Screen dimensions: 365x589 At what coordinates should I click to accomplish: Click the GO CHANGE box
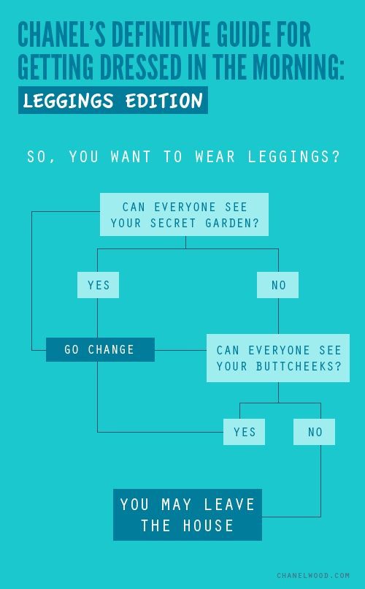click(100, 349)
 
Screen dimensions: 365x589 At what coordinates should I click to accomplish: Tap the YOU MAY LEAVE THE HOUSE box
click(188, 514)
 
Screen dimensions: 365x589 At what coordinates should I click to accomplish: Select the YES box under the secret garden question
click(99, 285)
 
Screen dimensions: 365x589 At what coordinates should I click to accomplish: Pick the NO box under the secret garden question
click(277, 285)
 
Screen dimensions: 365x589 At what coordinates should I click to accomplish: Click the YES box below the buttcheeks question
click(245, 432)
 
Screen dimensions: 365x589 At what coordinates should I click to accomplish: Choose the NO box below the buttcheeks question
click(315, 432)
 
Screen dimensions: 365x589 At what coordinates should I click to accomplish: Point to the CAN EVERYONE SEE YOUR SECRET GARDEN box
click(184, 215)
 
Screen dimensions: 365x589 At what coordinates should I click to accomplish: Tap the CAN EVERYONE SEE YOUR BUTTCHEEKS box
click(278, 358)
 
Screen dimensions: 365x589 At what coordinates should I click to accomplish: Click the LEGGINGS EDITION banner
click(113, 100)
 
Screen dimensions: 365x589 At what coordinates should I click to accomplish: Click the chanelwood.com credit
click(313, 575)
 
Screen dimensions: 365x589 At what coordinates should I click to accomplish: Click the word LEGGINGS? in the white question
click(293, 156)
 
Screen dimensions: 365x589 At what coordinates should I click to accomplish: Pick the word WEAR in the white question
click(215, 156)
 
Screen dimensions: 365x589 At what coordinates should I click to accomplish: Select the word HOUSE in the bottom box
click(208, 525)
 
